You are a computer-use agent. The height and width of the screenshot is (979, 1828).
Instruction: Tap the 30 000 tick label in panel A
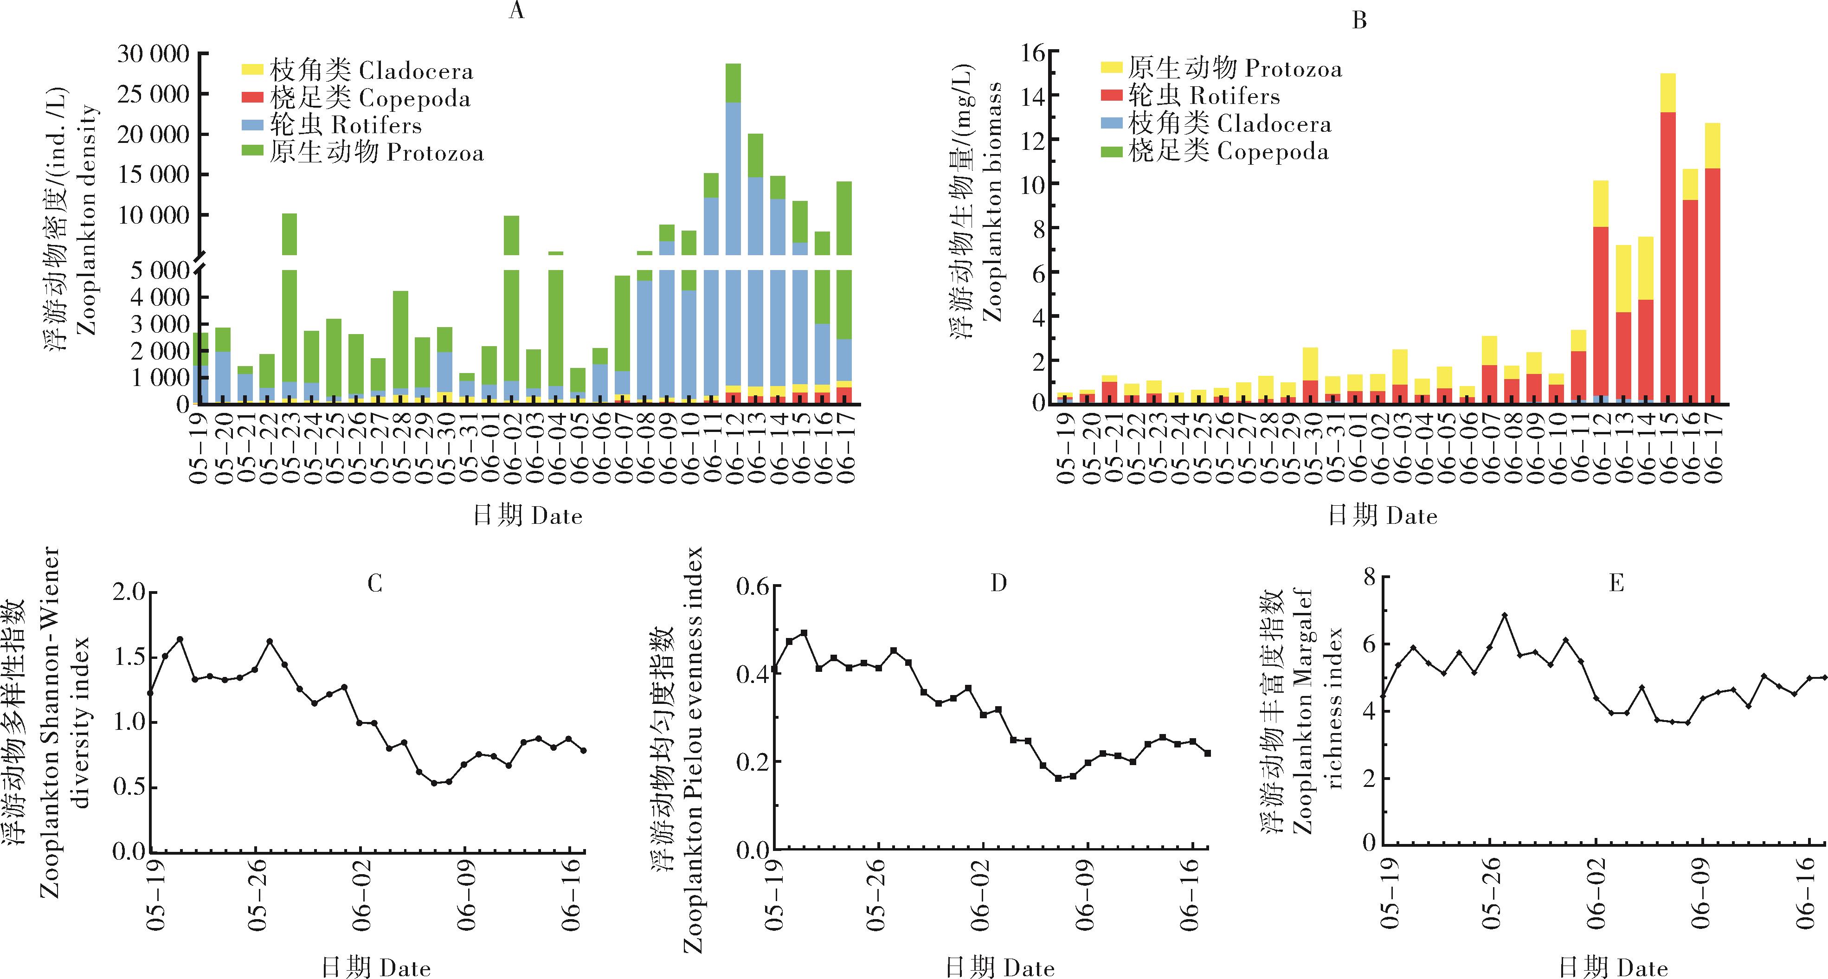[x=153, y=54]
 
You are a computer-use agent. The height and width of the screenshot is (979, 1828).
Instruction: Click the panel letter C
[x=375, y=584]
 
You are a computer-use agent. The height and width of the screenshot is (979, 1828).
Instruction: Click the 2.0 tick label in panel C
[x=129, y=593]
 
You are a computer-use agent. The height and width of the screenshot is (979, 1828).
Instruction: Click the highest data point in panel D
[x=804, y=633]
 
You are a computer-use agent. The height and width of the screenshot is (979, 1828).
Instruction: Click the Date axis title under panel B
[x=1382, y=516]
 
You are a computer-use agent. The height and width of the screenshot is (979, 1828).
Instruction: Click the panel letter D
[x=998, y=584]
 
